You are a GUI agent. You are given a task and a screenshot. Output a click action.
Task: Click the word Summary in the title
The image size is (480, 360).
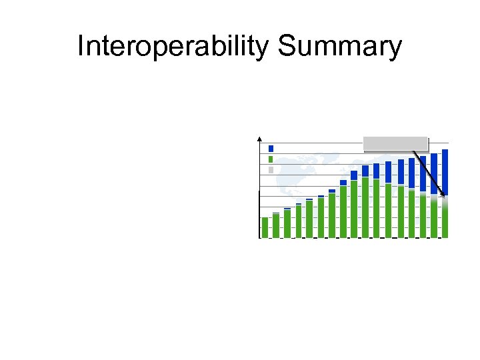[x=341, y=47]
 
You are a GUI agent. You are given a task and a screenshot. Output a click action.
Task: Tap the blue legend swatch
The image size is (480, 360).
[x=271, y=149]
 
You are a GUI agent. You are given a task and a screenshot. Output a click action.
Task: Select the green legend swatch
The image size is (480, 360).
[x=271, y=159]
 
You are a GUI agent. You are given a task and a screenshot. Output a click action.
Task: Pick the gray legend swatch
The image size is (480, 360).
[x=271, y=170]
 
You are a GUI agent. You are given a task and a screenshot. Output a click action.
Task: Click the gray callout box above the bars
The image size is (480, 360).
[x=395, y=143]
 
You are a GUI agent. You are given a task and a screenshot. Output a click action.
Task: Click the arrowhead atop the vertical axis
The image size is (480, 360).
[x=259, y=138]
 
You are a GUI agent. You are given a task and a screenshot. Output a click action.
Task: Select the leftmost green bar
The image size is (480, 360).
[x=265, y=227]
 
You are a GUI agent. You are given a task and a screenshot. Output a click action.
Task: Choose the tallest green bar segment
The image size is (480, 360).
[x=365, y=207]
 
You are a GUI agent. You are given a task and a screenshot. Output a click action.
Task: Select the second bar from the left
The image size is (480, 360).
[x=276, y=225]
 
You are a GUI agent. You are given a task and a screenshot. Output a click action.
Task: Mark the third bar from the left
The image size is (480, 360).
[x=287, y=223]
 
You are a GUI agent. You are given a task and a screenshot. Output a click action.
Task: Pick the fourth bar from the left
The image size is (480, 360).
[x=299, y=221]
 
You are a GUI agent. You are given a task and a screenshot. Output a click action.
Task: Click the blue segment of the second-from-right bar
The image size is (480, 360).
[x=434, y=174]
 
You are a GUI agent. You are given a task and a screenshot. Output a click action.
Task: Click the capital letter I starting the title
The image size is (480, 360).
[x=80, y=47]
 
